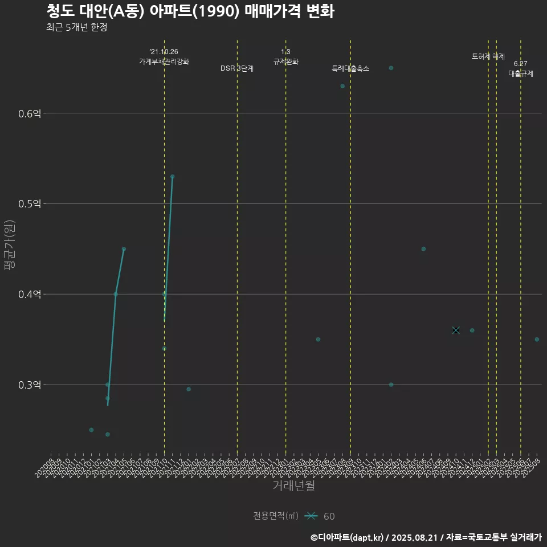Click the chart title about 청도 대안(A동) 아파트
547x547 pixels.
pos(190,11)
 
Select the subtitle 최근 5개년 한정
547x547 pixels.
pos(77,27)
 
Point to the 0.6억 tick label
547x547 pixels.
pos(30,113)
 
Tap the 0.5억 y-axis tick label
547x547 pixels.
pos(30,204)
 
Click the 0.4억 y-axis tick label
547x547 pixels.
pos(30,295)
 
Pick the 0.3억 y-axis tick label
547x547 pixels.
pos(30,385)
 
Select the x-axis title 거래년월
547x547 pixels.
pos(293,486)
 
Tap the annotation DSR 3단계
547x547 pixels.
pos(237,68)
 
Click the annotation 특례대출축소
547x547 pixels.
pos(350,68)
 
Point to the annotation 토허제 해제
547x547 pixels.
pos(488,56)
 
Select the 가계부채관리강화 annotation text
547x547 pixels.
pos(164,61)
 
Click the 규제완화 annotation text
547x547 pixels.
pos(286,62)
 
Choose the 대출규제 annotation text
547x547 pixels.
pos(521,74)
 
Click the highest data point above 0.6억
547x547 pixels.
pos(391,68)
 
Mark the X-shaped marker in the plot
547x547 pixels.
pos(456,330)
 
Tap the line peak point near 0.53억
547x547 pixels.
pos(172,177)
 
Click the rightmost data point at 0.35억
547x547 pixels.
pos(537,340)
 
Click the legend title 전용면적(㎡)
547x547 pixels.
pos(276,516)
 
